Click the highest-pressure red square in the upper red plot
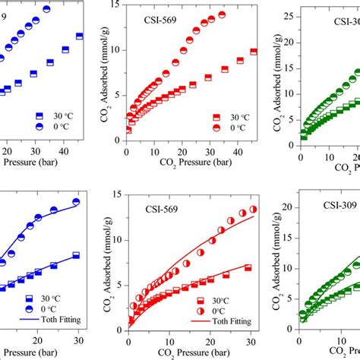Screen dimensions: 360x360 point(254,52)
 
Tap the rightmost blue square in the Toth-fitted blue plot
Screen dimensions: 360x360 point(76,256)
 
